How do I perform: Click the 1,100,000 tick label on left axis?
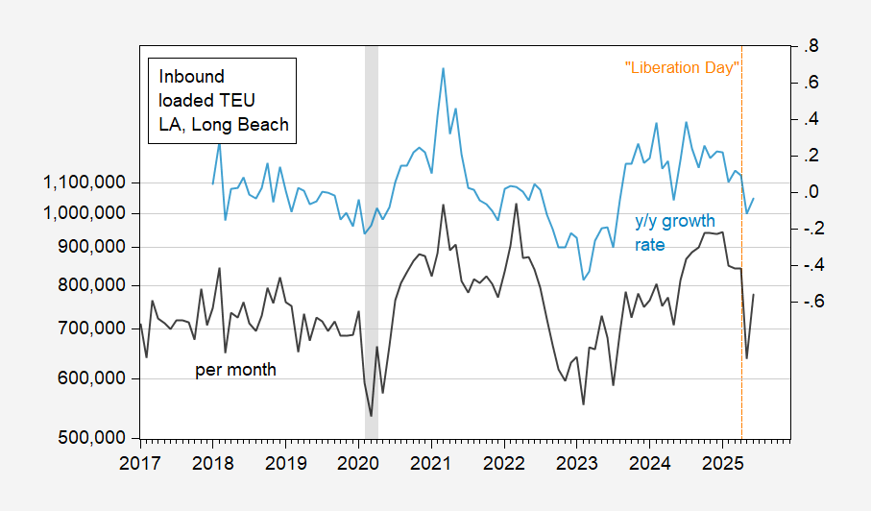click(x=84, y=182)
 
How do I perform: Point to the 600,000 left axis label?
click(x=93, y=378)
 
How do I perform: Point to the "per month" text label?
click(x=235, y=370)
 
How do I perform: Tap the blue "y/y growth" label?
click(x=675, y=222)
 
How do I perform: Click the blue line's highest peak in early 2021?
click(x=443, y=69)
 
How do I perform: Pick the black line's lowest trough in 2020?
click(x=371, y=416)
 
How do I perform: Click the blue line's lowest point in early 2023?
click(x=583, y=280)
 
